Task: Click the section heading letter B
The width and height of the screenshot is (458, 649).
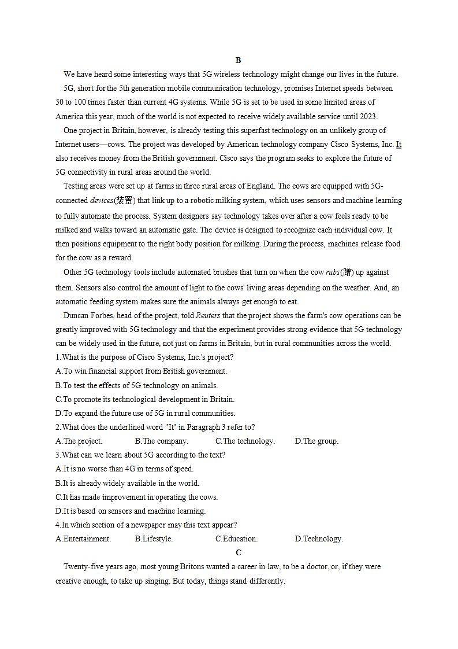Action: (x=238, y=60)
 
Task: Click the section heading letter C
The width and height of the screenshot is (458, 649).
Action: (x=239, y=552)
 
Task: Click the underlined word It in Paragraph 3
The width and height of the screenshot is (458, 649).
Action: (x=399, y=144)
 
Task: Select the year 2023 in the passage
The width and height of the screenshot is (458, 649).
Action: (x=368, y=116)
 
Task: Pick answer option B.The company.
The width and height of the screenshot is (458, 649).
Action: (x=162, y=441)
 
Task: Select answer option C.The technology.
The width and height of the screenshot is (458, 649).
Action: (x=245, y=441)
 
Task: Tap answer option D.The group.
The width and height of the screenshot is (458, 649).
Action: (x=316, y=441)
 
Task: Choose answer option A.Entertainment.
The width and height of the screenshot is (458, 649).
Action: (x=83, y=539)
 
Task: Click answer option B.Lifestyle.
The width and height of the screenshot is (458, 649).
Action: (x=154, y=539)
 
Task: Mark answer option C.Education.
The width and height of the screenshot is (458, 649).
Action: (x=237, y=539)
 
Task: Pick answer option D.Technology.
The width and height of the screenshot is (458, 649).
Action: (x=319, y=539)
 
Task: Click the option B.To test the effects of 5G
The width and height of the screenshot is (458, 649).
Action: (x=136, y=385)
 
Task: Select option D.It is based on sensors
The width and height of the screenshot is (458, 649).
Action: (x=131, y=511)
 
